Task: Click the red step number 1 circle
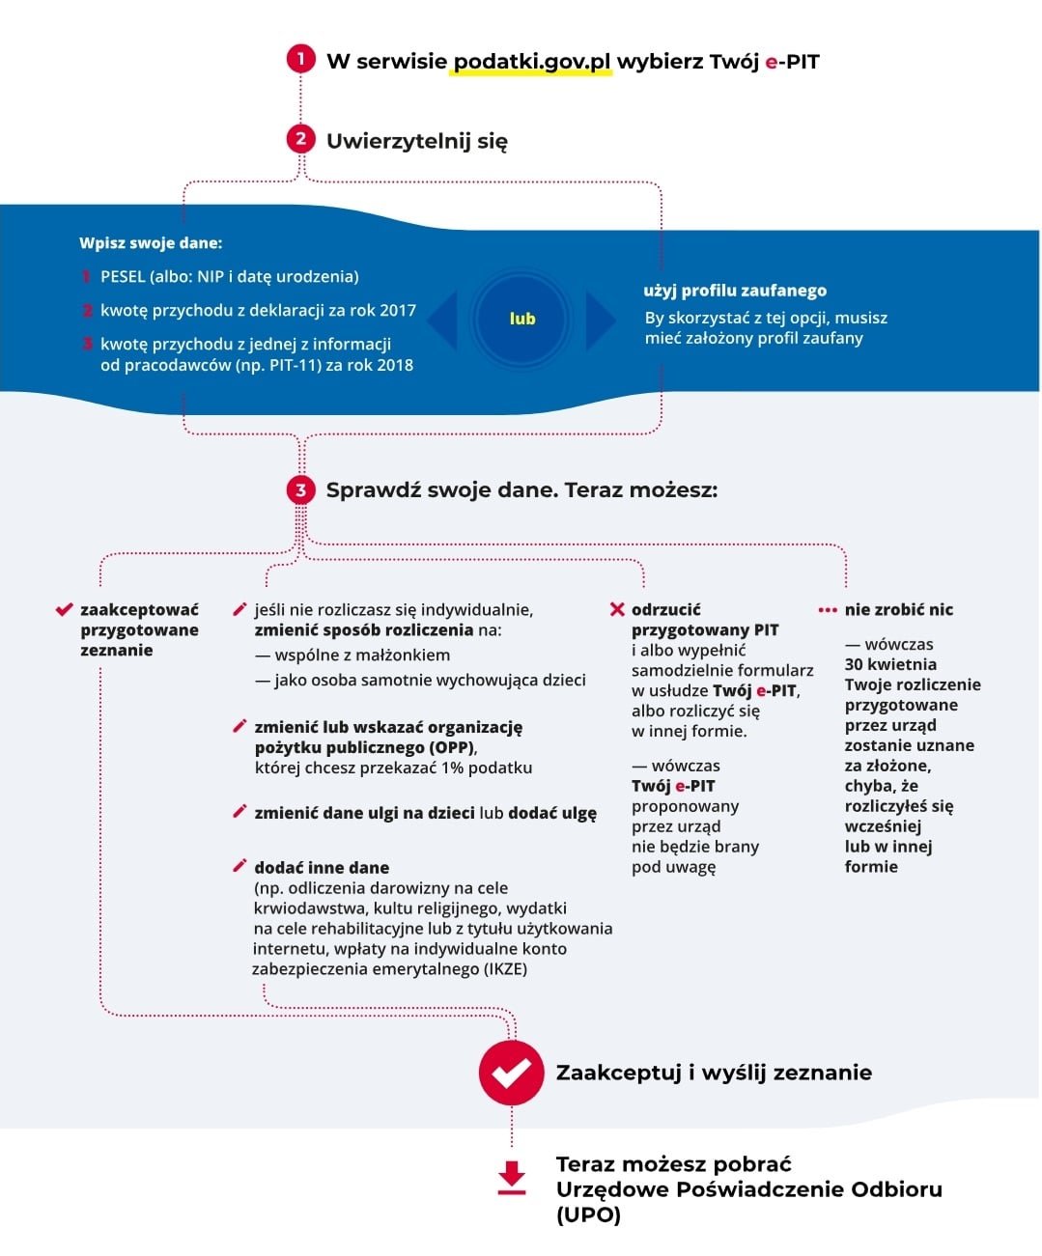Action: click(x=300, y=59)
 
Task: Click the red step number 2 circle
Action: click(x=300, y=139)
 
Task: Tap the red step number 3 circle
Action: click(x=300, y=489)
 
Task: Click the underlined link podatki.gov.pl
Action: click(x=532, y=62)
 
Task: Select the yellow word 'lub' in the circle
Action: click(x=521, y=319)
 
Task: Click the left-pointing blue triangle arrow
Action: click(x=443, y=320)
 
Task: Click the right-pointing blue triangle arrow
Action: click(x=599, y=320)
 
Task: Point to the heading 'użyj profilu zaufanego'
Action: click(x=735, y=291)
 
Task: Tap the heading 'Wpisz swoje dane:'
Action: click(x=151, y=243)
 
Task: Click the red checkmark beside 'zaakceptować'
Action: click(x=65, y=609)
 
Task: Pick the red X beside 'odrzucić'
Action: click(x=617, y=609)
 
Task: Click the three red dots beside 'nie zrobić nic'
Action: click(x=828, y=610)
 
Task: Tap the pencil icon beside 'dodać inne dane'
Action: click(x=239, y=866)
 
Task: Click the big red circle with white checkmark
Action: click(x=511, y=1072)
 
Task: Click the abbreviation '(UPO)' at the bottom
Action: click(x=588, y=1214)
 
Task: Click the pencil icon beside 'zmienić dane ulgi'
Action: click(x=239, y=812)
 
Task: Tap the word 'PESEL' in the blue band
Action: click(x=123, y=277)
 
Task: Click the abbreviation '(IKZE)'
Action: click(x=505, y=969)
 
